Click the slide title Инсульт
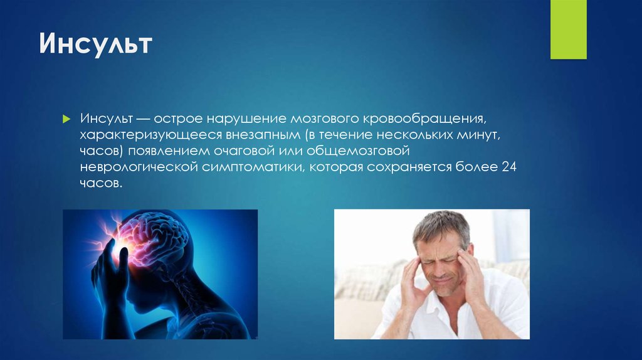pos(97,46)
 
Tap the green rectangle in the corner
pos(568,29)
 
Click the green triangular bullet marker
pos(66,119)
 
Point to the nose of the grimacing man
pos(442,267)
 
